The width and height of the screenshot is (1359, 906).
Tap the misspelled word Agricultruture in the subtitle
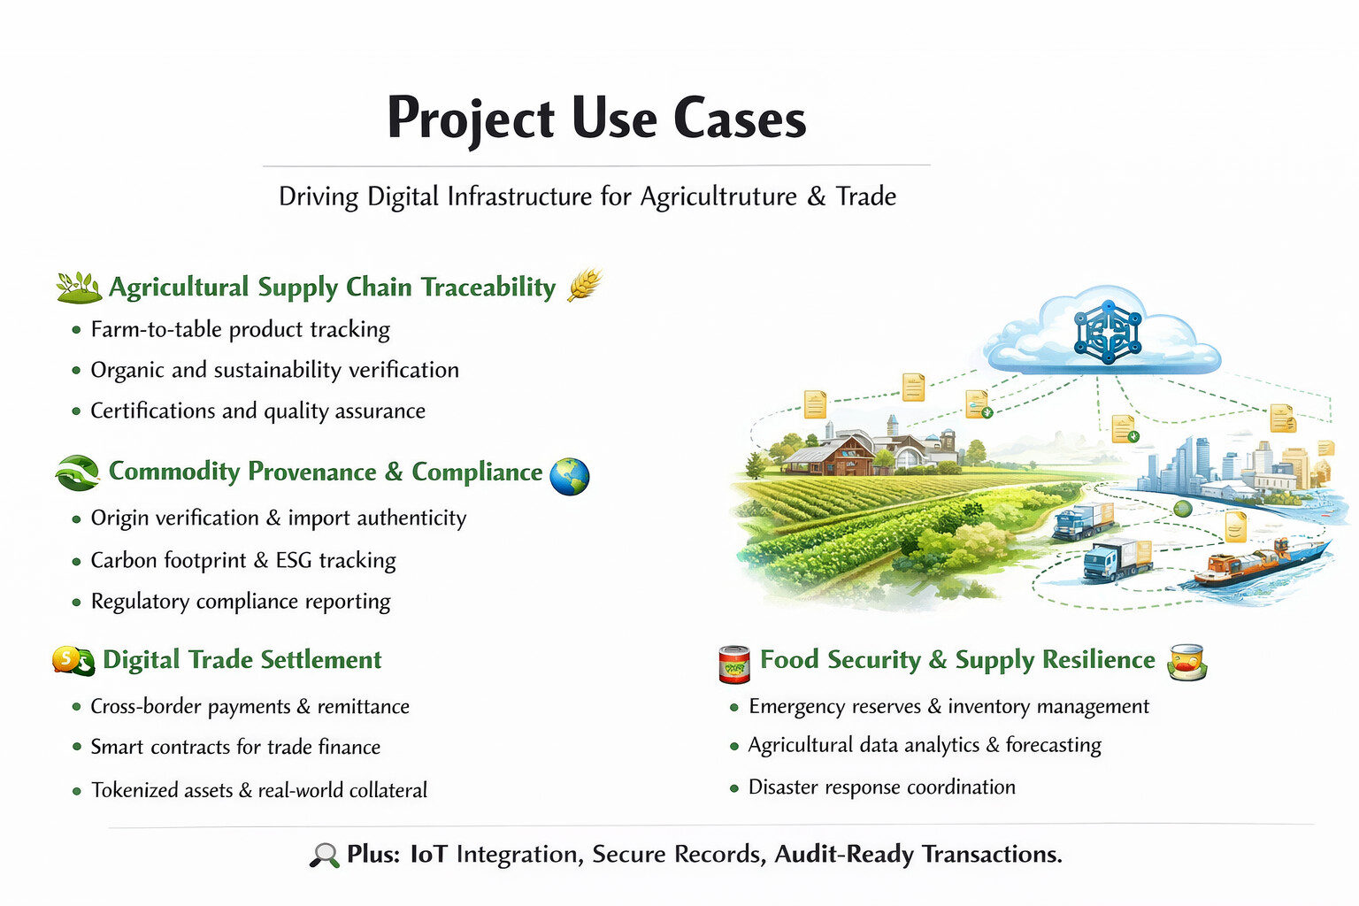click(x=718, y=196)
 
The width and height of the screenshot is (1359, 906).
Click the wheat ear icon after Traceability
click(x=584, y=284)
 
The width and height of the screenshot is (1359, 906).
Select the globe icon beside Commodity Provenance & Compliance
click(x=569, y=476)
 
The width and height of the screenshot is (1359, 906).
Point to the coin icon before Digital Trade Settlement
click(x=73, y=661)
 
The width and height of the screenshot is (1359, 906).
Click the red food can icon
click(x=734, y=664)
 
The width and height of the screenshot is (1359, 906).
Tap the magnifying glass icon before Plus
click(x=324, y=855)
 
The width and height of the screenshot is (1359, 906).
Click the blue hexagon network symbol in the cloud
click(x=1108, y=332)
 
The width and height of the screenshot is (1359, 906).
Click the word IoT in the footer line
click(x=428, y=854)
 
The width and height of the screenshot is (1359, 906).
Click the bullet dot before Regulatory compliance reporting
click(x=76, y=603)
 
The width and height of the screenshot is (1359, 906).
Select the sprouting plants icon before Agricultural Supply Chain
click(x=79, y=288)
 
